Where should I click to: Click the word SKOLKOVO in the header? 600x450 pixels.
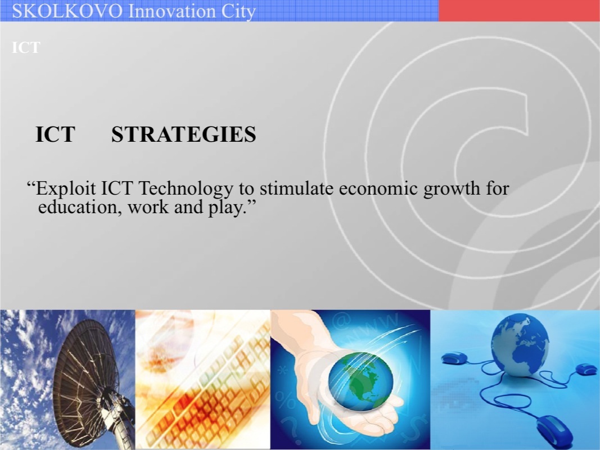(x=67, y=11)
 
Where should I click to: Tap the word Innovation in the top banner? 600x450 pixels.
(x=172, y=11)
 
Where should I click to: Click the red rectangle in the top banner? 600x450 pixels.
(x=519, y=10)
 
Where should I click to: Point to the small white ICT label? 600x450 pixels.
(x=26, y=47)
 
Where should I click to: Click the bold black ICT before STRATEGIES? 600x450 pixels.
(x=55, y=134)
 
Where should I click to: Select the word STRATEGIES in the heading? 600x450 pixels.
(x=184, y=134)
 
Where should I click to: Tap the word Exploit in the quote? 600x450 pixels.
(x=66, y=188)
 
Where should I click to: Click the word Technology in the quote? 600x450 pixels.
(x=186, y=188)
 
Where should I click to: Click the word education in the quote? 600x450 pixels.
(x=80, y=207)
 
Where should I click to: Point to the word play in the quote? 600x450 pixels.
(x=225, y=208)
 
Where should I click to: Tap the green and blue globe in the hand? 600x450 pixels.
(x=360, y=381)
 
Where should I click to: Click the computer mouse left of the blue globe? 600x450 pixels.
(x=454, y=358)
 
